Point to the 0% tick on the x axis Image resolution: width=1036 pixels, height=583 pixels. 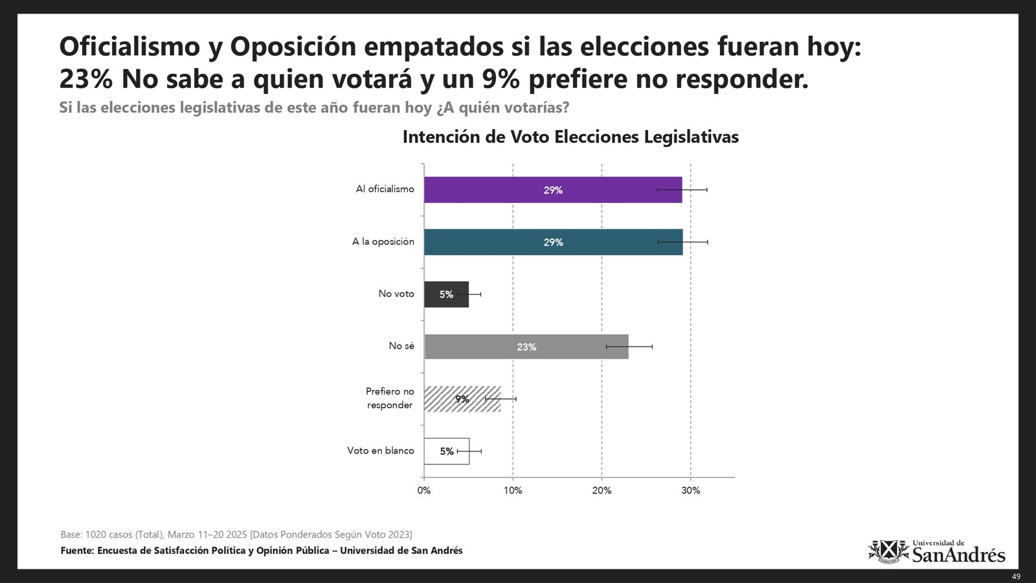point(424,490)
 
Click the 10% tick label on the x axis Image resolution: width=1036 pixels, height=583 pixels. point(513,490)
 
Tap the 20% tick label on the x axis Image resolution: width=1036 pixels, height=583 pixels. point(602,490)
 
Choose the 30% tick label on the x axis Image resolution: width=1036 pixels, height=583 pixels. point(690,490)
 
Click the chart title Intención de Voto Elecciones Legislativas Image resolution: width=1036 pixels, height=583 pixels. point(570,137)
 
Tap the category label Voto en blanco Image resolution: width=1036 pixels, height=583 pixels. point(381,450)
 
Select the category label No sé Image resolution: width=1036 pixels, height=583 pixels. point(401,346)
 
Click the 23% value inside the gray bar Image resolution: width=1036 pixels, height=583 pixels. point(526,347)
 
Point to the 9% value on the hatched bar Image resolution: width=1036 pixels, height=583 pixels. point(462,399)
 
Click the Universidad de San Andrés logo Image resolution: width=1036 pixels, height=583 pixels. point(936,552)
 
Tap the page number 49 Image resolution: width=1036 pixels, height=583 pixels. point(1016,577)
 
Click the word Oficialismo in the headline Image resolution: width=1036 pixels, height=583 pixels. point(129,47)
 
